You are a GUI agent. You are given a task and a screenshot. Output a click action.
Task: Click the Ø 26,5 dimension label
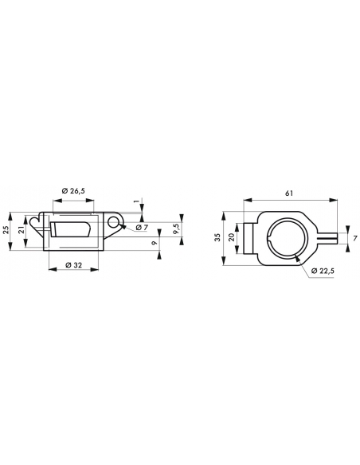73,191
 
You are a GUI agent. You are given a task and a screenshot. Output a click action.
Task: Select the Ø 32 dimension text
73,265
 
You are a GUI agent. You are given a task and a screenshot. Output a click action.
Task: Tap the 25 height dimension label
6,230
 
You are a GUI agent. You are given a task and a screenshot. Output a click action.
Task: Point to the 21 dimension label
21,230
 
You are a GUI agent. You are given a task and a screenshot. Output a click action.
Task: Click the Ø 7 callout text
142,228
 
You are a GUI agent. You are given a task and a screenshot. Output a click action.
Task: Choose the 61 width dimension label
289,193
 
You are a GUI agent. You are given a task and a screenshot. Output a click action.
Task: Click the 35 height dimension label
218,237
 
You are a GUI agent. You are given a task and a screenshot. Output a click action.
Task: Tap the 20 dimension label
232,237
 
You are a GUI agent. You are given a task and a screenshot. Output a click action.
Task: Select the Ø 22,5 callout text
323,271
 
